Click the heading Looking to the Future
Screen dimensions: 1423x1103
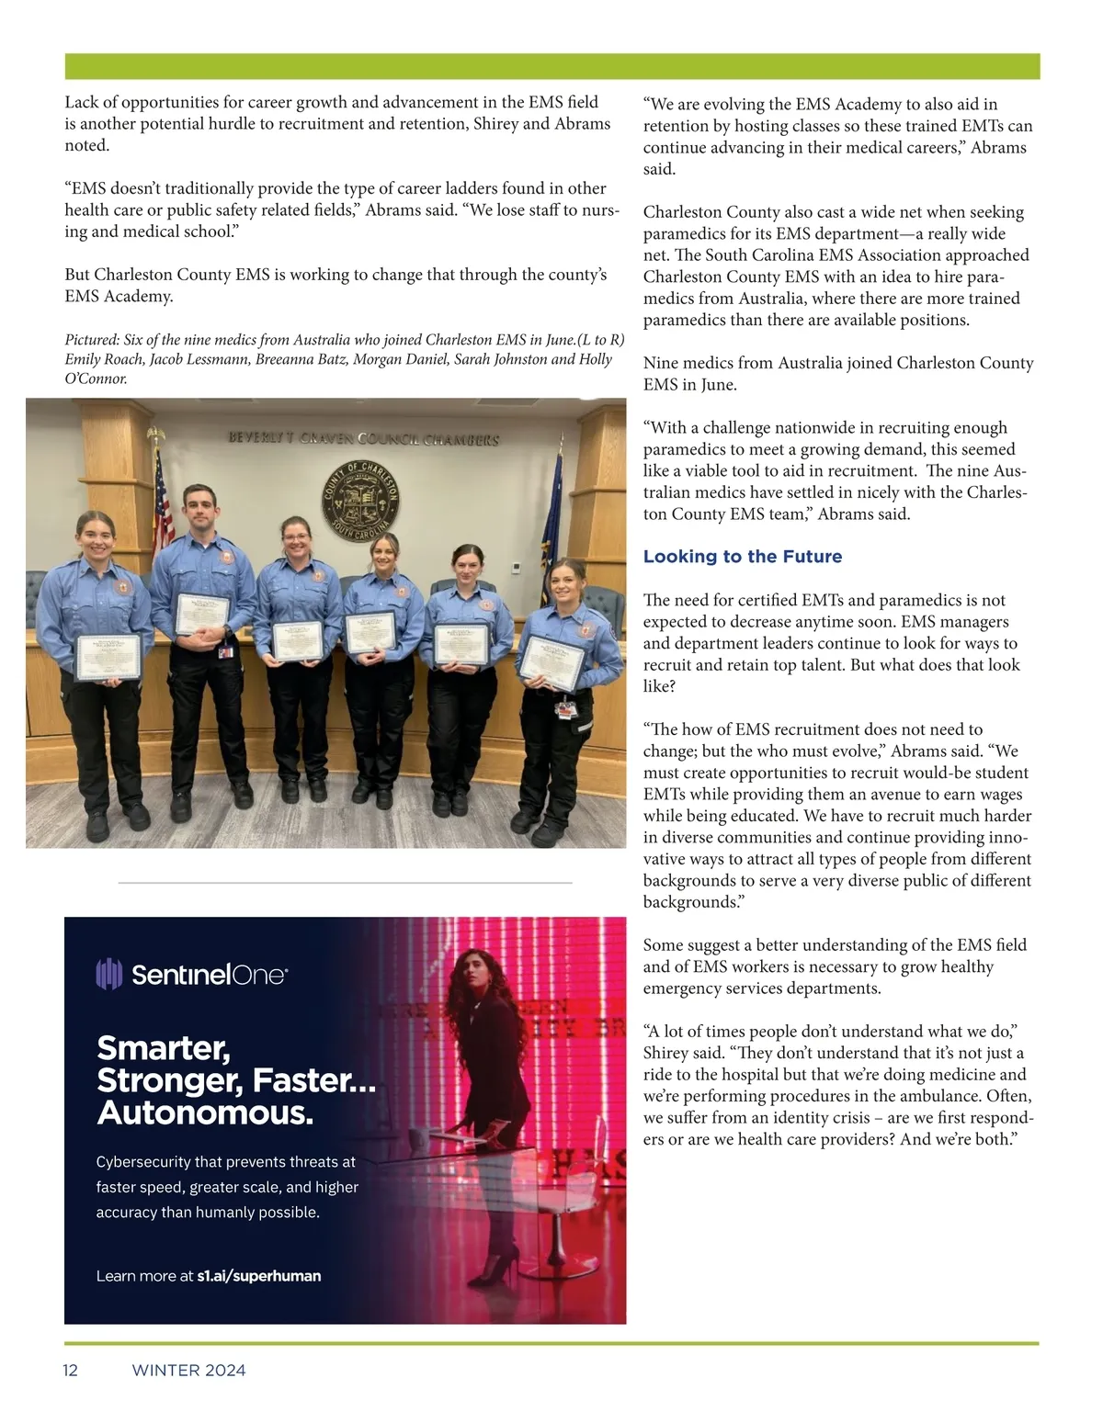pos(742,557)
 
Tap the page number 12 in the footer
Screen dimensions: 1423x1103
pos(71,1371)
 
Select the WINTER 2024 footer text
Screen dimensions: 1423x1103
pos(188,1371)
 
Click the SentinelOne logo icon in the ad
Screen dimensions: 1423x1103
pos(108,974)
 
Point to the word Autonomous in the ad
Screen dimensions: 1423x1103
pos(204,1112)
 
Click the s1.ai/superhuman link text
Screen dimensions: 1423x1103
pos(258,1276)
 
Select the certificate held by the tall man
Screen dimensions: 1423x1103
pos(201,614)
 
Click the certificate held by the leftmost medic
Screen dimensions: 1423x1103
pos(108,656)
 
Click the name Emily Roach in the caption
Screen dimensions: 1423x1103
pos(104,359)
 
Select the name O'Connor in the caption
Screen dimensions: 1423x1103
pos(96,378)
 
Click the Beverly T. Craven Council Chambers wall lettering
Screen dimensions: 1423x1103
pos(363,439)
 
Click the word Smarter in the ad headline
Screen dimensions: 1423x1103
pos(163,1048)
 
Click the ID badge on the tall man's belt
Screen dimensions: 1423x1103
pos(225,651)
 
